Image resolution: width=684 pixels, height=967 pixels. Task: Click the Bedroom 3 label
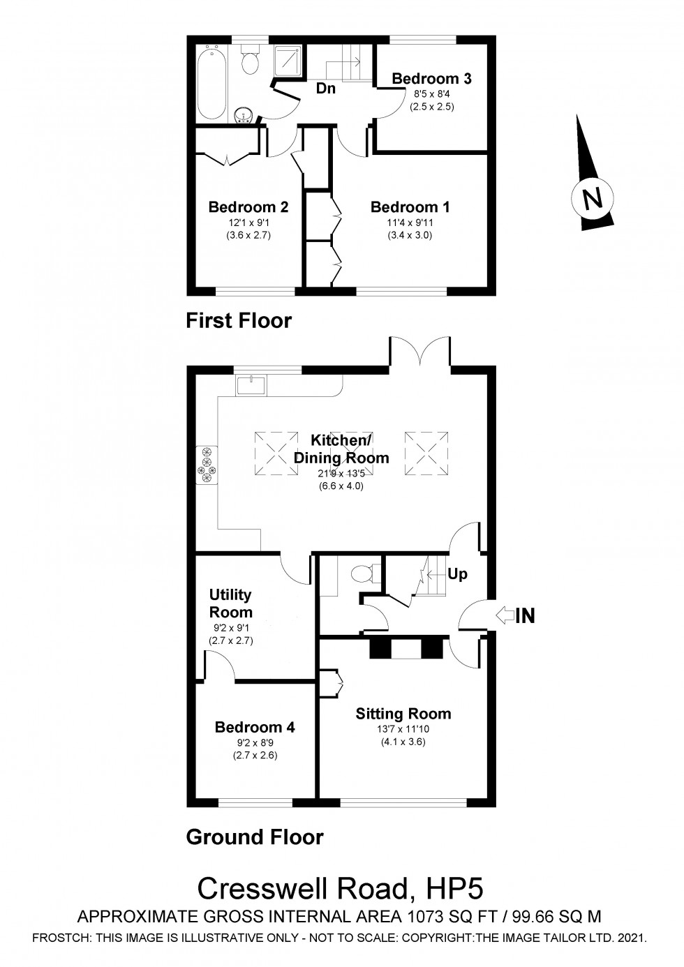coord(431,78)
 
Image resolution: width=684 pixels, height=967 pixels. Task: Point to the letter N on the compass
coord(593,200)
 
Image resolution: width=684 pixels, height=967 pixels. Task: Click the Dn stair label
coord(325,89)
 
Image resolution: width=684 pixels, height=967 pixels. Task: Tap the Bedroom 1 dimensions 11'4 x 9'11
coord(410,223)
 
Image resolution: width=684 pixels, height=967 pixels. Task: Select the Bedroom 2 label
coord(248,207)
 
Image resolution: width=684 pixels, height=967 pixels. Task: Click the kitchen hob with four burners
coord(207,464)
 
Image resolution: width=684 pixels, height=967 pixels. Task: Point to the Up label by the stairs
coord(457,574)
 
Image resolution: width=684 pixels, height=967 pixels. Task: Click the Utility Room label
coord(230,604)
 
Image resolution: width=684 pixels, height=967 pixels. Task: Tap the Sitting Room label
coord(403,714)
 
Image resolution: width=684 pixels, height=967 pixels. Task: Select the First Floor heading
coord(238,320)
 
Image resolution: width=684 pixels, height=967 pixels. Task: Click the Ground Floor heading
coord(254,837)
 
